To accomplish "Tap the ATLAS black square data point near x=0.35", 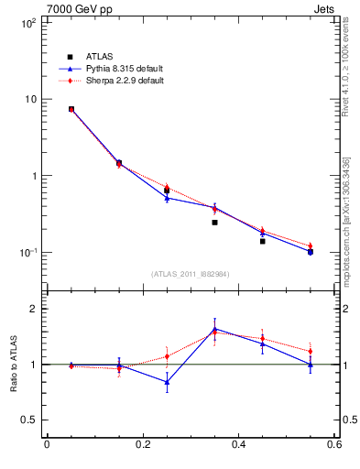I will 214,222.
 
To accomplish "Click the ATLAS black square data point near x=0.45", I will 262,241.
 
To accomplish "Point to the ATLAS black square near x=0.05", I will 71,109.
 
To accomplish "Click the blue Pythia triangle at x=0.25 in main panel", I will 167,198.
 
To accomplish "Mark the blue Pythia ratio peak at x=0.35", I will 214,328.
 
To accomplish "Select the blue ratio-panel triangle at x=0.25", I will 167,382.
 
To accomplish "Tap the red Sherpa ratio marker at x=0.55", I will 310,351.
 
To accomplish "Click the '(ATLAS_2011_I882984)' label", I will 191,274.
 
